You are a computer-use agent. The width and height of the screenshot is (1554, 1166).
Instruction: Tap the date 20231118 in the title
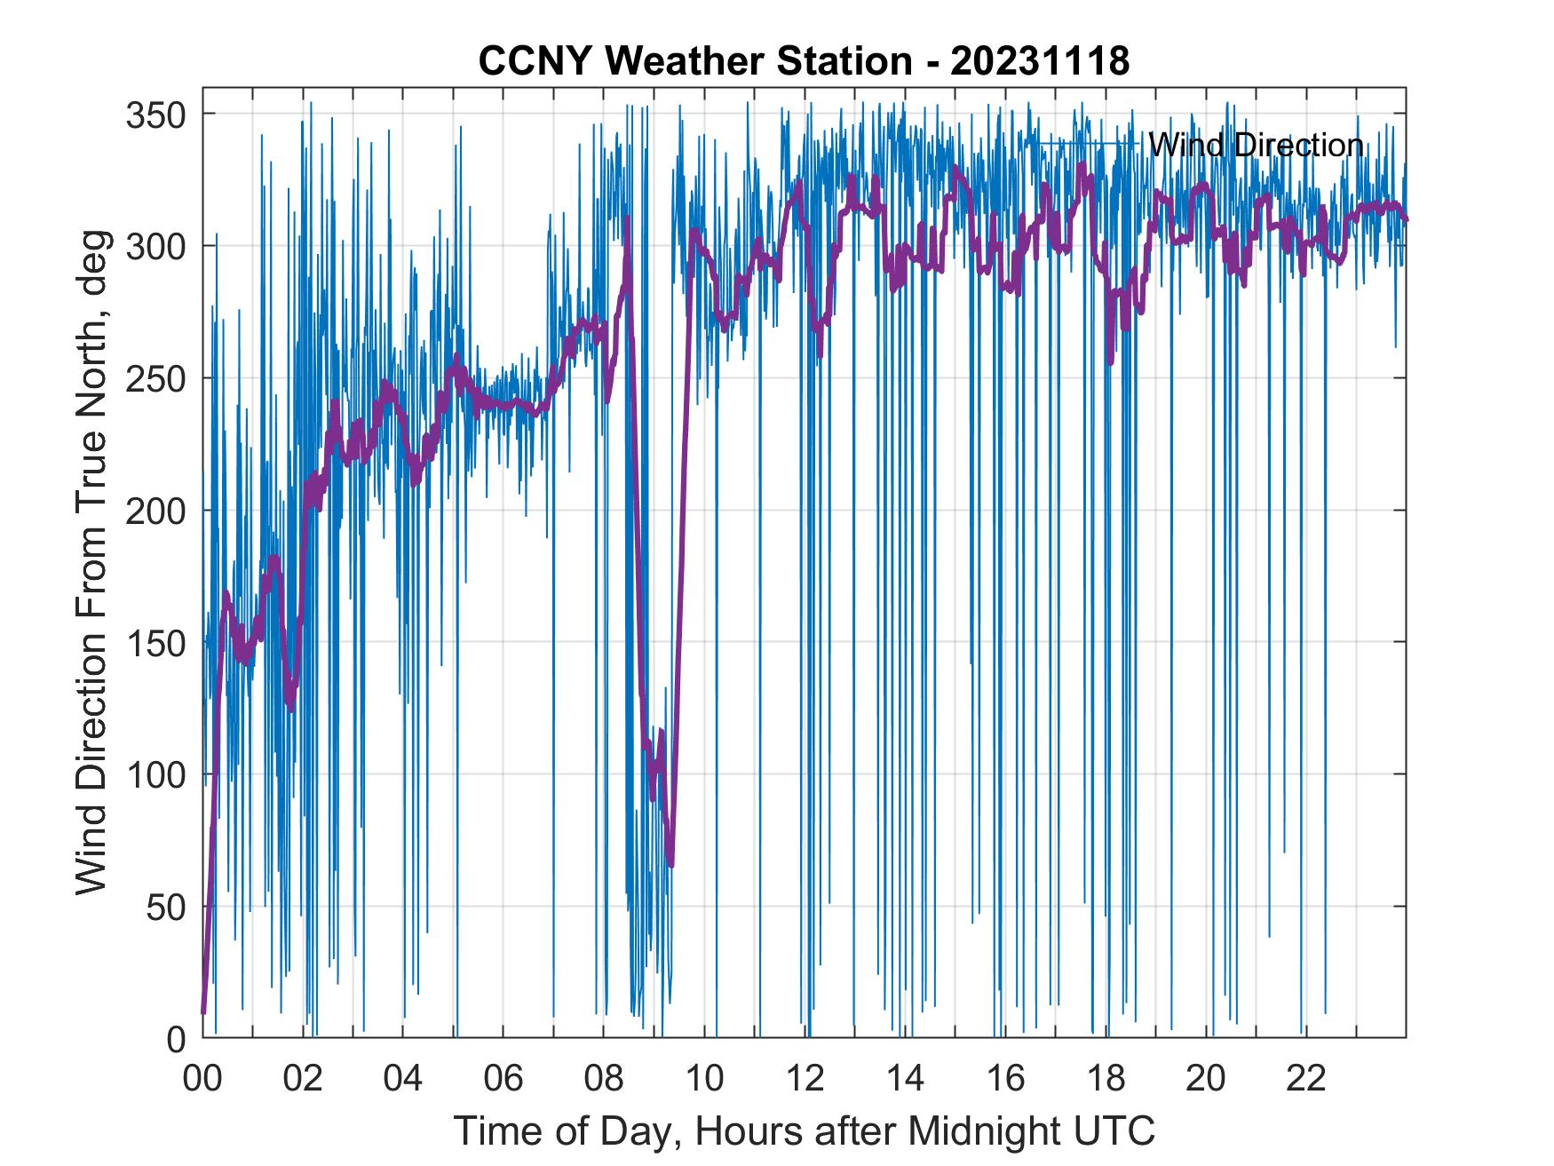pos(1040,61)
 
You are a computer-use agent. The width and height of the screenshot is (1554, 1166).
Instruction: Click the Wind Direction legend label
pos(1256,145)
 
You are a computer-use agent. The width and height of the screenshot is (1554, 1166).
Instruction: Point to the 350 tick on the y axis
pos(155,115)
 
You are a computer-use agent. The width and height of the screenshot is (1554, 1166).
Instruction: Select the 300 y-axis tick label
pos(155,246)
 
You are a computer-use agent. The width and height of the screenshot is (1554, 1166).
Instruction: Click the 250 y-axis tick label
pos(155,378)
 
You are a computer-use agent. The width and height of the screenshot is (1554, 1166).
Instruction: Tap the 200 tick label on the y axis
pos(155,511)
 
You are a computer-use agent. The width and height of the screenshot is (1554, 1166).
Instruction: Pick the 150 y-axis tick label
pos(155,642)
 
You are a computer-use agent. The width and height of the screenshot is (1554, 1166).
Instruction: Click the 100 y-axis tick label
pos(155,774)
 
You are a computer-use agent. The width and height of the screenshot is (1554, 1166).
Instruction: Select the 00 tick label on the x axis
pos(202,1078)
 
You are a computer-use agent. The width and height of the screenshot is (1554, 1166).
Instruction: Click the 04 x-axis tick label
pos(403,1078)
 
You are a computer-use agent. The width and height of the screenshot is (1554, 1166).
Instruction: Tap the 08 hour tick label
pos(604,1078)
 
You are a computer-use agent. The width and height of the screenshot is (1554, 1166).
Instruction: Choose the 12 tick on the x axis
pos(805,1078)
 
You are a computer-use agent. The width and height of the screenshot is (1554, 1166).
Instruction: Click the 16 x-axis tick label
pos(1006,1078)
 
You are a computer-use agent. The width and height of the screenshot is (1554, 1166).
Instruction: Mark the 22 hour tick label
pos(1307,1078)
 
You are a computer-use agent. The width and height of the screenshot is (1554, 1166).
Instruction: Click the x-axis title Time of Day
pos(805,1131)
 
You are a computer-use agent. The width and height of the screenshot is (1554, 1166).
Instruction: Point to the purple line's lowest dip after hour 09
pos(671,865)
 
